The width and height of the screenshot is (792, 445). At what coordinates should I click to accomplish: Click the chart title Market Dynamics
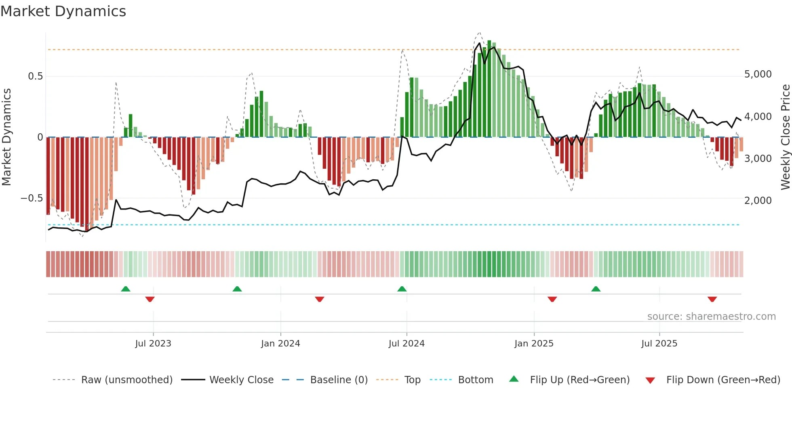pos(63,11)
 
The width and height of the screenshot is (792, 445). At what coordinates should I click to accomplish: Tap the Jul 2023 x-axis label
pos(153,344)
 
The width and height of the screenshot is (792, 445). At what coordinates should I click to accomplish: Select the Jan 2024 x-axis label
pos(280,344)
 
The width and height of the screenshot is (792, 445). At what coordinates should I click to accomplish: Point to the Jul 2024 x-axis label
pos(407,344)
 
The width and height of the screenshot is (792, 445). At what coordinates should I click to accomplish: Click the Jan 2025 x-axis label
pos(534,344)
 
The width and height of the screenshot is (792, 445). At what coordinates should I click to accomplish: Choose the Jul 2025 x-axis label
pos(659,344)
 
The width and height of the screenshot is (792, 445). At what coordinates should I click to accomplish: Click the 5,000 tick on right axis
pos(758,74)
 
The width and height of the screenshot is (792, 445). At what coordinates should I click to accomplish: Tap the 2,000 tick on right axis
pos(758,200)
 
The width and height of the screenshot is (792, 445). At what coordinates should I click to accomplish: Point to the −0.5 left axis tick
pos(32,198)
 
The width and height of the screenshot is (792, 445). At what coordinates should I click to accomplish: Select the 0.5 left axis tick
pos(35,76)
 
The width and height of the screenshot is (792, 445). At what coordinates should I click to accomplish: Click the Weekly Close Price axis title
pos(785,137)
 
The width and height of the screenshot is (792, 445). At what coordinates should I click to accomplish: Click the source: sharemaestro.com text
pos(711,317)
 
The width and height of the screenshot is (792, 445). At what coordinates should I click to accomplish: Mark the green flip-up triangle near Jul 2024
pos(402,289)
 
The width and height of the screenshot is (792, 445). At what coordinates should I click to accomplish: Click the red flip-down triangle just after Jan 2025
pos(552,299)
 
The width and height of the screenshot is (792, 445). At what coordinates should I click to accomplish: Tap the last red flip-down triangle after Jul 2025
pos(712,299)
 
